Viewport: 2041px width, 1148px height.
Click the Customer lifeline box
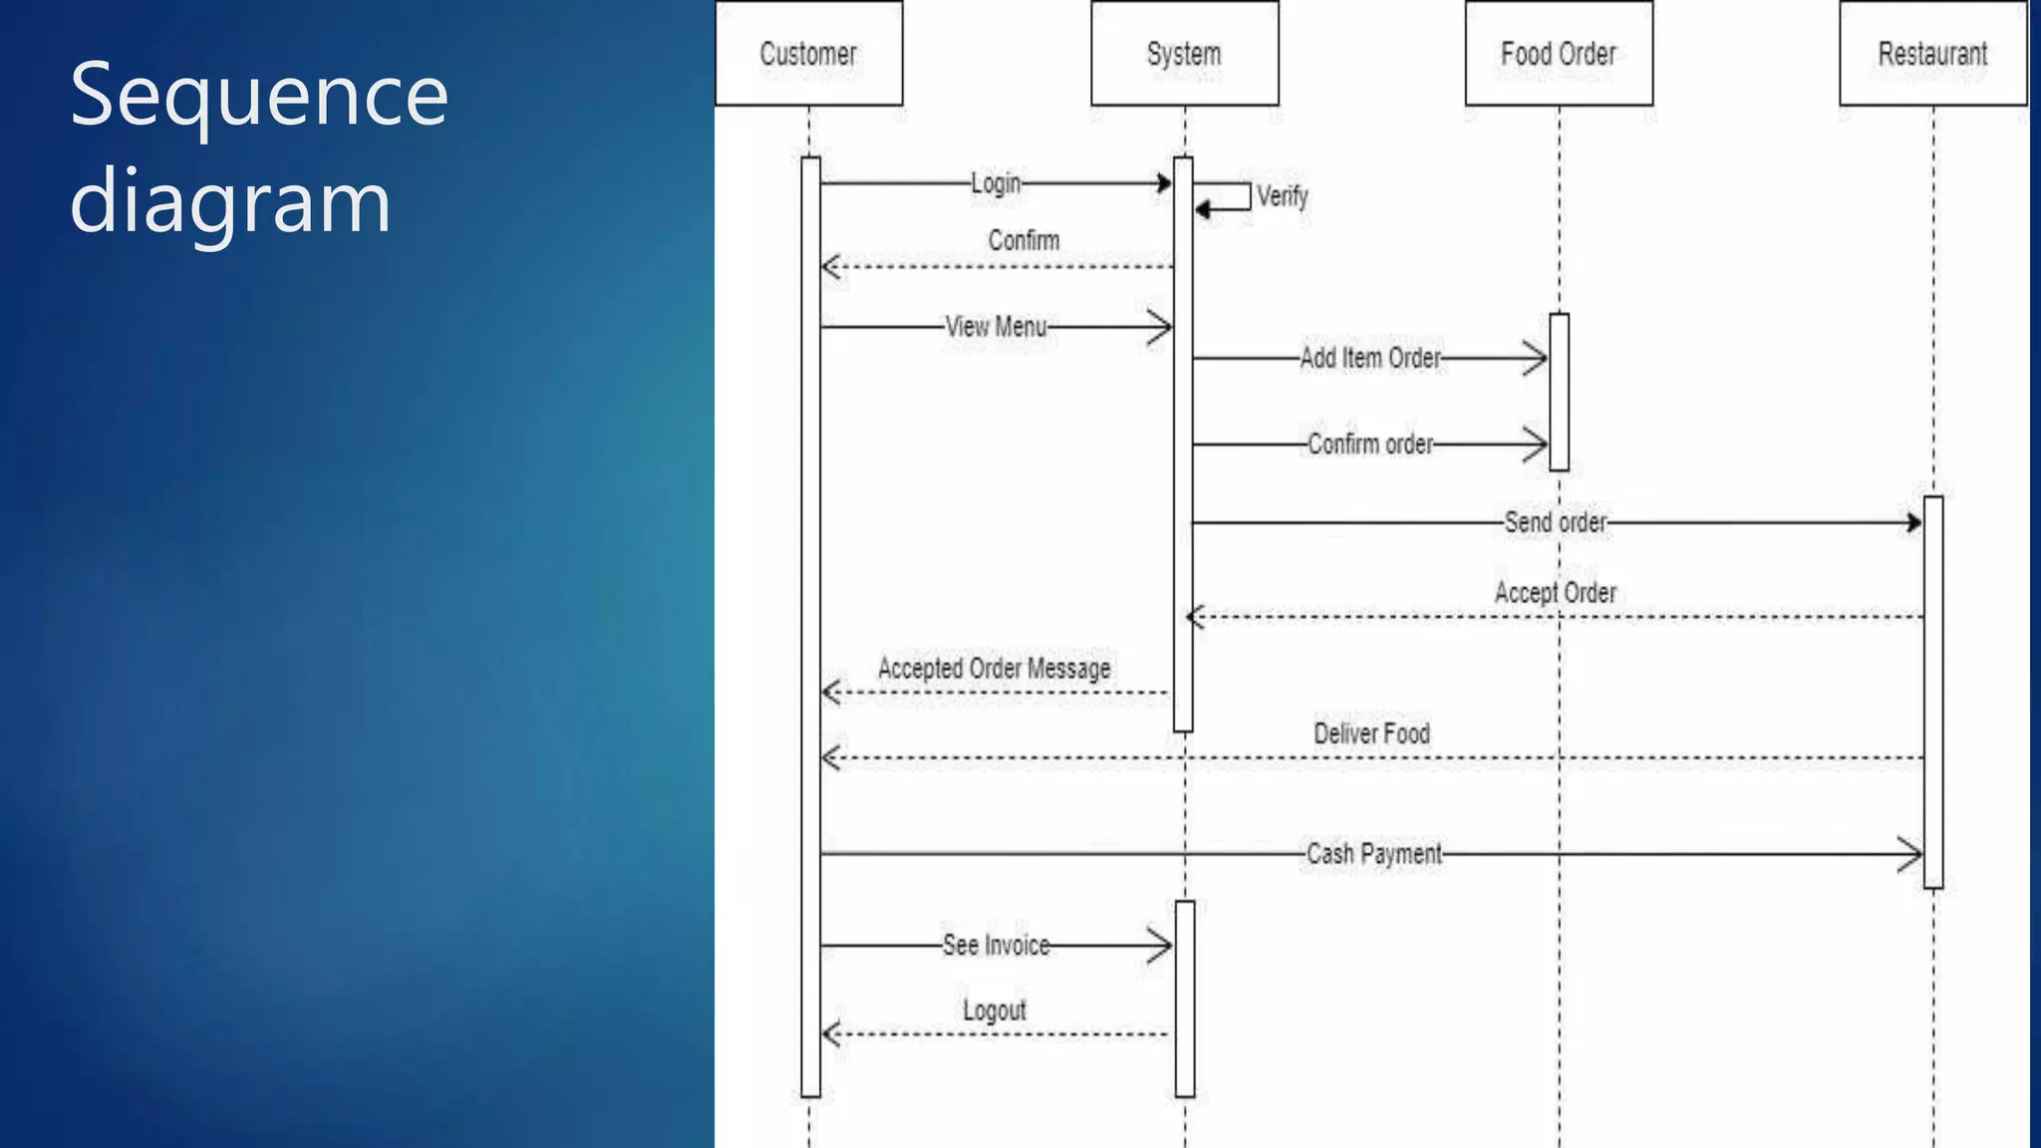point(808,54)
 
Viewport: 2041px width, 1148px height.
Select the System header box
point(1184,54)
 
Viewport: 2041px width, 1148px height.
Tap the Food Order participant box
point(1559,54)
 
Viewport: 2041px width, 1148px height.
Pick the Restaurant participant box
point(1932,54)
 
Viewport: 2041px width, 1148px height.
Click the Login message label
point(996,183)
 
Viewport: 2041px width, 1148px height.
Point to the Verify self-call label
point(1282,196)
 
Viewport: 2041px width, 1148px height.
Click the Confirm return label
point(1023,240)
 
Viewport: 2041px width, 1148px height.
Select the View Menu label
point(996,327)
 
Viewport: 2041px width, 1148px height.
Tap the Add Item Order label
point(1370,358)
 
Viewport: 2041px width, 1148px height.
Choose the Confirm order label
point(1370,444)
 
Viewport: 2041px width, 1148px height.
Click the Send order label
point(1555,522)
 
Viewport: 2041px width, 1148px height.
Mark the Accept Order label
point(1555,593)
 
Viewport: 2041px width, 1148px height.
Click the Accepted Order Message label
point(994,669)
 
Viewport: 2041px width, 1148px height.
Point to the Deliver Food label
point(1371,734)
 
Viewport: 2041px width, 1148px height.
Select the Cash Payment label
point(1373,854)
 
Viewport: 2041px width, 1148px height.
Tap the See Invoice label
point(996,945)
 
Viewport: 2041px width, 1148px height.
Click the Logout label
point(994,1010)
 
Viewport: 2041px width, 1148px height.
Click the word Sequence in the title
point(259,97)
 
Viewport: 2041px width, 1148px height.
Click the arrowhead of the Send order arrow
point(1914,522)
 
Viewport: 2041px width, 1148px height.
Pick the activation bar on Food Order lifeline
point(1560,392)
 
